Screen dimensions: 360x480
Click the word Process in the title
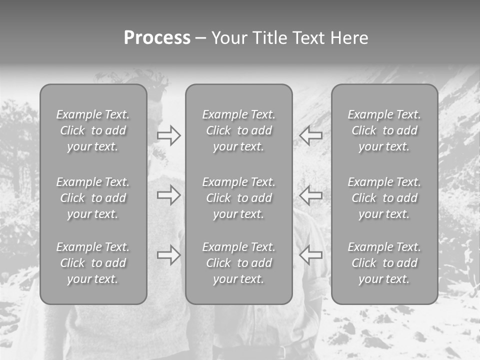pyautogui.click(x=157, y=38)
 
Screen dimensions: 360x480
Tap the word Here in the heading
pyautogui.click(x=349, y=38)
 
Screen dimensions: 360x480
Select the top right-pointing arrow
pyautogui.click(x=169, y=135)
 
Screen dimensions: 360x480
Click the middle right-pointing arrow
pyautogui.click(x=169, y=195)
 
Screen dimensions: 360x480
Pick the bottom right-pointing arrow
pyautogui.click(x=169, y=255)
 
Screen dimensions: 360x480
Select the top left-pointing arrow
pyautogui.click(x=311, y=135)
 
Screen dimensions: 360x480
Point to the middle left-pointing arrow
pyautogui.click(x=311, y=195)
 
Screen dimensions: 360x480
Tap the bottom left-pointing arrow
pyautogui.click(x=311, y=255)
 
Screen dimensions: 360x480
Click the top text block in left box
pyautogui.click(x=93, y=130)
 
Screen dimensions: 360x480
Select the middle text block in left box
pyautogui.click(x=93, y=198)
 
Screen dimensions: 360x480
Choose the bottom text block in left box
pyautogui.click(x=93, y=263)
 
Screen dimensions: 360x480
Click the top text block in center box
pyautogui.click(x=239, y=130)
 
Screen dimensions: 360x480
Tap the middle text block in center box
pyautogui.click(x=239, y=198)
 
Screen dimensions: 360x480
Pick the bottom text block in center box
pyautogui.click(x=239, y=263)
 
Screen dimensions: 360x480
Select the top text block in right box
pyautogui.click(x=384, y=130)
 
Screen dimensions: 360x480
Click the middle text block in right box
pyautogui.click(x=384, y=198)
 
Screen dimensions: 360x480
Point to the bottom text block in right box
pyautogui.click(x=384, y=263)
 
